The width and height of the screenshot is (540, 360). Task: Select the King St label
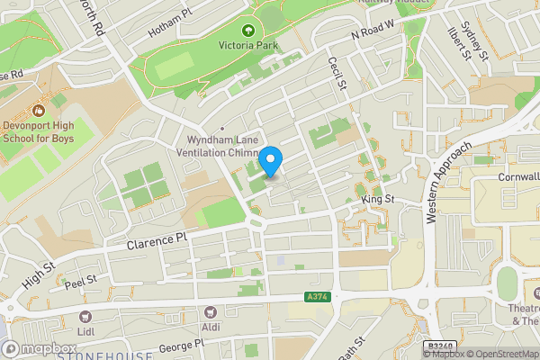pyautogui.click(x=378, y=198)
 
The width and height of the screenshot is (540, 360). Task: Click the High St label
pyautogui.click(x=39, y=274)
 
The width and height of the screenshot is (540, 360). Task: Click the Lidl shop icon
pyautogui.click(x=86, y=317)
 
